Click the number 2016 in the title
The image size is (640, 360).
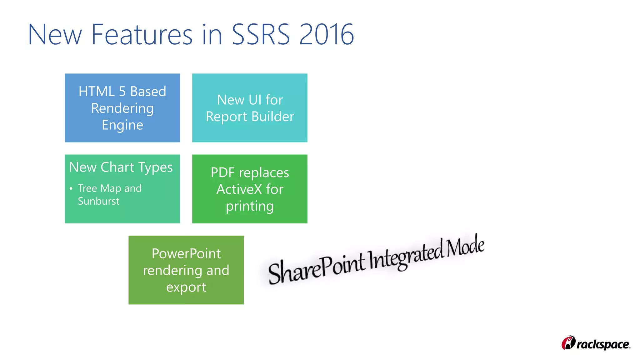coord(327,34)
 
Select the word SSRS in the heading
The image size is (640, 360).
coord(261,34)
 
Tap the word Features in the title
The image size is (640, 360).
coord(142,34)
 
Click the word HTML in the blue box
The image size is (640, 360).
coord(97,92)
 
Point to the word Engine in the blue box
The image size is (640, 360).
coord(122,125)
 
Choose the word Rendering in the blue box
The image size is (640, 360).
coord(122,108)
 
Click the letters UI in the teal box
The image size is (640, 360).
coord(255,100)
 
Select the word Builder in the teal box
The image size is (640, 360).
coord(273,117)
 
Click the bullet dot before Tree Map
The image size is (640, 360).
coord(71,188)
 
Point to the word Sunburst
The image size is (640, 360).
coord(99,201)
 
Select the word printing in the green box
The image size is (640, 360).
coord(250,206)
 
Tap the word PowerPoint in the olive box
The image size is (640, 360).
coord(186,253)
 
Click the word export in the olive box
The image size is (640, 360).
coord(186,287)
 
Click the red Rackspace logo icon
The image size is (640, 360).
coord(568,343)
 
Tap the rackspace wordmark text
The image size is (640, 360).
coord(603,344)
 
